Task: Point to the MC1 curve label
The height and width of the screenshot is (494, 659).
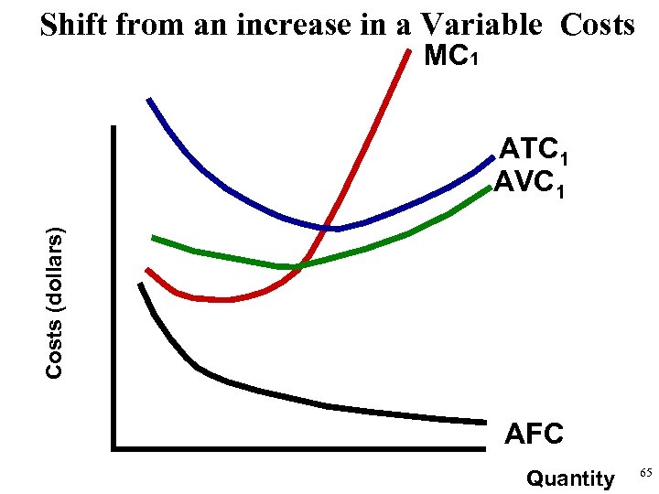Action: click(x=449, y=59)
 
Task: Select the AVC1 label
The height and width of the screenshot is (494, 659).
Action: click(x=533, y=186)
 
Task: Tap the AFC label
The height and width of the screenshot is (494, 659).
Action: click(x=535, y=434)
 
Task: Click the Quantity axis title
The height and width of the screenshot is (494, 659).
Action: click(x=571, y=478)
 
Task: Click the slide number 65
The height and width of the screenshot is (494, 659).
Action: click(x=644, y=473)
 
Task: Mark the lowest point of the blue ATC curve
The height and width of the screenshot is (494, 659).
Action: click(x=334, y=228)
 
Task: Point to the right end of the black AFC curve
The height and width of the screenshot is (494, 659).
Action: click(x=483, y=422)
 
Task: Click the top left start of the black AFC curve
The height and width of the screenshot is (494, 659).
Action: click(x=140, y=285)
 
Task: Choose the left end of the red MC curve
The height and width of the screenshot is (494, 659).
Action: click(x=147, y=270)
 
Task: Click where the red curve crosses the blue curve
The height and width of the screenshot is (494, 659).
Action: click(x=327, y=226)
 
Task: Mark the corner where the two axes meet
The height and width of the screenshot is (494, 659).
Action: click(x=114, y=448)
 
